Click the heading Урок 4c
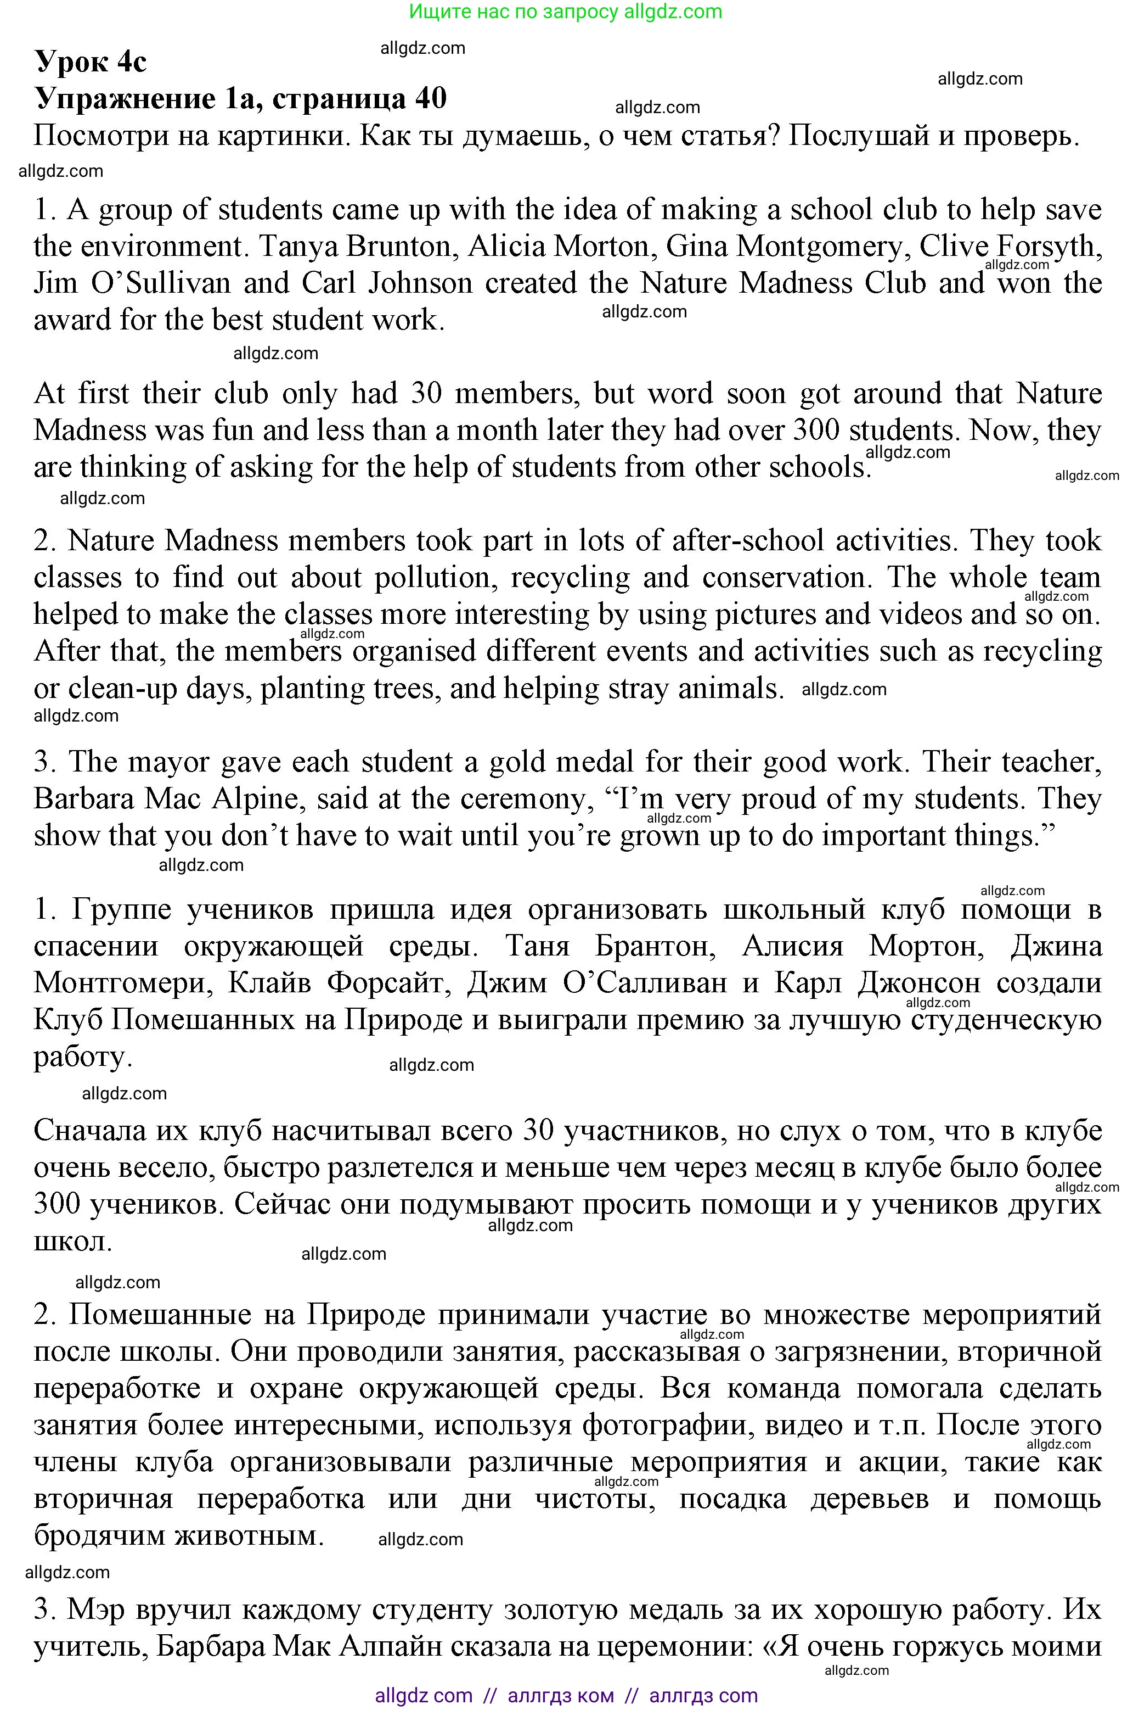click(91, 62)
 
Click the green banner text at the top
click(566, 12)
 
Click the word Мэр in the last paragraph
click(96, 1610)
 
